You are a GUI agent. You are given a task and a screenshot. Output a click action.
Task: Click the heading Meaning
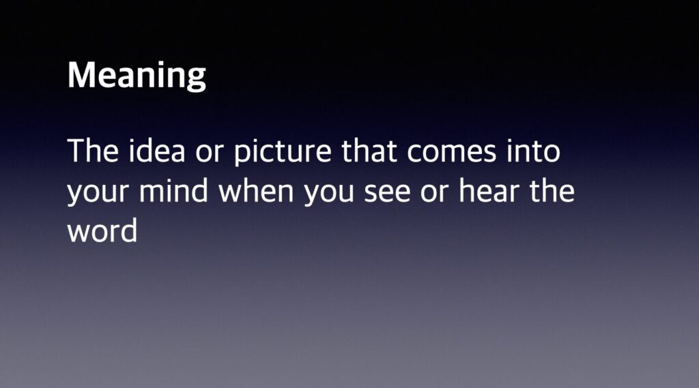(x=137, y=76)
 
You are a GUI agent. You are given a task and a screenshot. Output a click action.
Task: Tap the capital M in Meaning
(x=81, y=74)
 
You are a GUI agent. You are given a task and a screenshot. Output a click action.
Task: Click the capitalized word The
(x=93, y=151)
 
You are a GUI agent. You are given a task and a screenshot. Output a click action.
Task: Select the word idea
(x=156, y=150)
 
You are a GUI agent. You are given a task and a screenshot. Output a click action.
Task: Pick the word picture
(x=283, y=153)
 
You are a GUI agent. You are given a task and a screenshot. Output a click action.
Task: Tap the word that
(x=369, y=150)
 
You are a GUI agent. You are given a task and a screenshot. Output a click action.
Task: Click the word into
(x=533, y=150)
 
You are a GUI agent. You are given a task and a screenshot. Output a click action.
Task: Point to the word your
(x=98, y=192)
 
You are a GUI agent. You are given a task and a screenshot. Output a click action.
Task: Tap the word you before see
(x=328, y=192)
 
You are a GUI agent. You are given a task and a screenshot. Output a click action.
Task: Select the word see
(x=387, y=192)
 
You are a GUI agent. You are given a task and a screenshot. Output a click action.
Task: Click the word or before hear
(x=434, y=192)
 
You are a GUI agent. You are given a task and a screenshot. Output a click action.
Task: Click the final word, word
(x=102, y=230)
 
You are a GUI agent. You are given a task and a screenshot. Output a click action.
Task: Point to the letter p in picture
(x=243, y=155)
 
